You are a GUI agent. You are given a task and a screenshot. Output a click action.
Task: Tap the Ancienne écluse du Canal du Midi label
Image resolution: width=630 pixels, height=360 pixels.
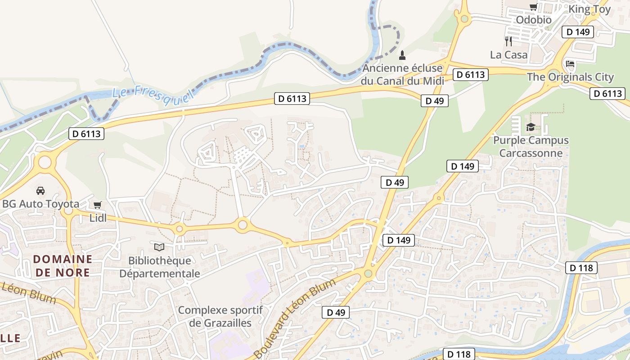tap(402, 75)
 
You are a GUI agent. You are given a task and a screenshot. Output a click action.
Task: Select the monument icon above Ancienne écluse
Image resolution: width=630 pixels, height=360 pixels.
tap(402, 55)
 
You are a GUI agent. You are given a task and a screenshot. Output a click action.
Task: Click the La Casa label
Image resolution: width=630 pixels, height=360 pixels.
tap(508, 55)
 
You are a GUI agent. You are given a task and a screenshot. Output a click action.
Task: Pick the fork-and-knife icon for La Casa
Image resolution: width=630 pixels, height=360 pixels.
tap(508, 41)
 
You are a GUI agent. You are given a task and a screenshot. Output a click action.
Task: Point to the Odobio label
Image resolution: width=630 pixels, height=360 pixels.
tap(533, 20)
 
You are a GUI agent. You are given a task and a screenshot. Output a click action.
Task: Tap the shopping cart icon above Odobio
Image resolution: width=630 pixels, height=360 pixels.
tap(533, 7)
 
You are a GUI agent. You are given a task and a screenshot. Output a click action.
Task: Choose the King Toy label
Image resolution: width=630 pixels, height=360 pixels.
tap(589, 9)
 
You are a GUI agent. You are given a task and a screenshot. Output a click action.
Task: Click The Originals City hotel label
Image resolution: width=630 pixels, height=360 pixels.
tap(570, 77)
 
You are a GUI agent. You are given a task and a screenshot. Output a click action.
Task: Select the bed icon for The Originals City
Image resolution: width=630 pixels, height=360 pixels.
tap(570, 64)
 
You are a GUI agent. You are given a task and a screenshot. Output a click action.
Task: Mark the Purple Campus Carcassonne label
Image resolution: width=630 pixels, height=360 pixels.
tap(531, 147)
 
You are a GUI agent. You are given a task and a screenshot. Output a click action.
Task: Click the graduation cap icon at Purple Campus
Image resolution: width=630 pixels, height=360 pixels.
tap(531, 127)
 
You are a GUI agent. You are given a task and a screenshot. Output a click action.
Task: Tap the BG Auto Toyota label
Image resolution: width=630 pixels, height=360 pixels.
tap(40, 204)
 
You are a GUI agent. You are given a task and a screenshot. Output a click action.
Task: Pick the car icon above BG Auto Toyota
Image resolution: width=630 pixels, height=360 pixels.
tap(40, 190)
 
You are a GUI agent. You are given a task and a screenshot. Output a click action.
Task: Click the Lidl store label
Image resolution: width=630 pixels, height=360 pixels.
tap(98, 218)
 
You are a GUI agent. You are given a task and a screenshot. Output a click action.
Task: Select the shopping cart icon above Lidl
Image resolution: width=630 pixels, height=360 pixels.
tap(98, 205)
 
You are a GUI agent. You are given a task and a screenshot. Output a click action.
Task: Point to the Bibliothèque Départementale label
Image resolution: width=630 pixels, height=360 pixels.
tap(159, 267)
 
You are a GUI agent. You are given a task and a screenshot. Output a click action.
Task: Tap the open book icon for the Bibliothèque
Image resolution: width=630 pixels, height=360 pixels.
tap(159, 247)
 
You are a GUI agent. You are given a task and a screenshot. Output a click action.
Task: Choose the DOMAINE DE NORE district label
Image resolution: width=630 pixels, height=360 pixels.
tap(63, 265)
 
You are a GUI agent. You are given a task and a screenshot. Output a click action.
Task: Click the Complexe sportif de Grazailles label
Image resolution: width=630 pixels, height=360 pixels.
tap(220, 316)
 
